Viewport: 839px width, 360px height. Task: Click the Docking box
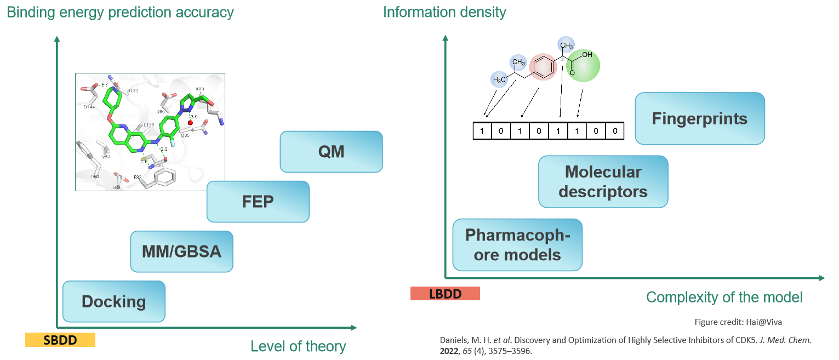click(x=114, y=301)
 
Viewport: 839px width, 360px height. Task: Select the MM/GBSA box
click(x=181, y=252)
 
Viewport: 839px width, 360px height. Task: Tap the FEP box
click(x=258, y=202)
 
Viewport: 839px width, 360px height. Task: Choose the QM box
click(x=331, y=151)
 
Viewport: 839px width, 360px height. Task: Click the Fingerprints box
click(x=700, y=118)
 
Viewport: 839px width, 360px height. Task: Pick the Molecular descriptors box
click(x=603, y=182)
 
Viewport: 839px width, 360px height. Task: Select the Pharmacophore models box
click(x=517, y=245)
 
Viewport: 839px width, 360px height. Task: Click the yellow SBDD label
click(x=60, y=340)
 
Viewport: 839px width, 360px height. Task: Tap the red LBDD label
click(x=445, y=294)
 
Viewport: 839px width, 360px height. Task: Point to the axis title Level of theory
click(x=298, y=346)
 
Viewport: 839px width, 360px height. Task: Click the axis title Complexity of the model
click(x=724, y=297)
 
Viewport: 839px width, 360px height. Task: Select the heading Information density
click(x=444, y=12)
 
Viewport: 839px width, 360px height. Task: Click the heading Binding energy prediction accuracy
click(x=120, y=12)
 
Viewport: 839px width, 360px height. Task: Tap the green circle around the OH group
click(x=583, y=66)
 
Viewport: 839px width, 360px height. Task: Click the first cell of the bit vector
click(x=482, y=131)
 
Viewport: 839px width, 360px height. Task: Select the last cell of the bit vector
click(x=615, y=131)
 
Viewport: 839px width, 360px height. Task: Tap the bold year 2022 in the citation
click(x=450, y=351)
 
